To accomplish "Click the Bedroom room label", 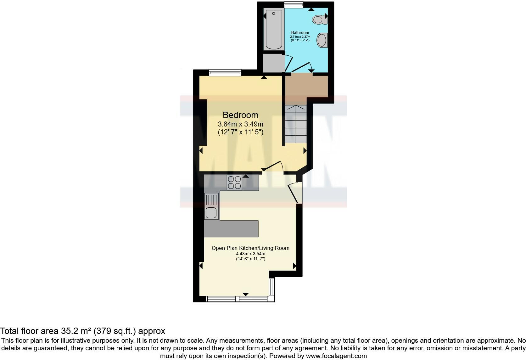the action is [x=240, y=115].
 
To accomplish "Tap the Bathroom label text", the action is [x=300, y=33].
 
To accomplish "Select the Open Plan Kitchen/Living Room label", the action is [x=250, y=248].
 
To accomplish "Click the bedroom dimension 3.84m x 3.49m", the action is [x=240, y=124].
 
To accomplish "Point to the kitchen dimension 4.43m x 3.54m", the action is [x=250, y=254].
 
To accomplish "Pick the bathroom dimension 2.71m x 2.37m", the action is [x=300, y=37].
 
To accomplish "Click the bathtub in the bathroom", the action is [x=274, y=30].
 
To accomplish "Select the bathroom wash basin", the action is [x=322, y=40].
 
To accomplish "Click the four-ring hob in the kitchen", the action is [x=234, y=183].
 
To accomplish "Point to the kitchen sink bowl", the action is [x=211, y=212].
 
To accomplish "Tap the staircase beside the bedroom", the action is [x=296, y=124].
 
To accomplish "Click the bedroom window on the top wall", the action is [x=225, y=73].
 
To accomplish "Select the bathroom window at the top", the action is [x=294, y=5].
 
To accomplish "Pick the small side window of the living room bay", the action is [x=272, y=287].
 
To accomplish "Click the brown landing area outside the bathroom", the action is [x=306, y=86].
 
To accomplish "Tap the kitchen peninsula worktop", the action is [x=231, y=229].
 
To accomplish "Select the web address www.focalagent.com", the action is [x=336, y=356].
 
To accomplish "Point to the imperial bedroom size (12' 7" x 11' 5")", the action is [x=240, y=132].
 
